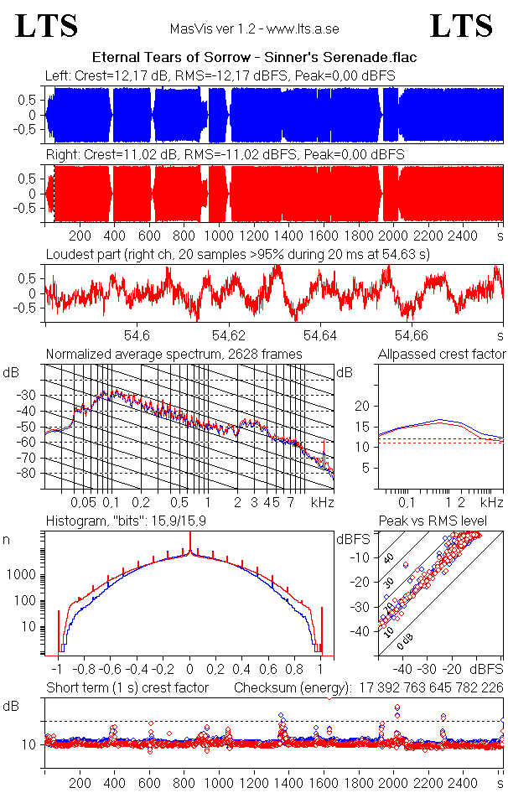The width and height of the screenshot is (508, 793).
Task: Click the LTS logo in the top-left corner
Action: (47, 26)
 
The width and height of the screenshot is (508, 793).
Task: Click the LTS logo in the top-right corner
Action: (461, 26)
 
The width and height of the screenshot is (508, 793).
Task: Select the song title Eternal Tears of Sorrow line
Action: (254, 57)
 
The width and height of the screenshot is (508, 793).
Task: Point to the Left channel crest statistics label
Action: (220, 76)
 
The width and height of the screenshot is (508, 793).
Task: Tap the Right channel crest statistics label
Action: (225, 155)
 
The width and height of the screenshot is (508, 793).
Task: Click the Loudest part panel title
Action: (237, 254)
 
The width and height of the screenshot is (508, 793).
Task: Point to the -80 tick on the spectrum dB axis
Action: (29, 473)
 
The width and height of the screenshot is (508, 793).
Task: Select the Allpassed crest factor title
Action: (442, 355)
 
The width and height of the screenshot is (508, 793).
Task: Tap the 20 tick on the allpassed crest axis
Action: (363, 406)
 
